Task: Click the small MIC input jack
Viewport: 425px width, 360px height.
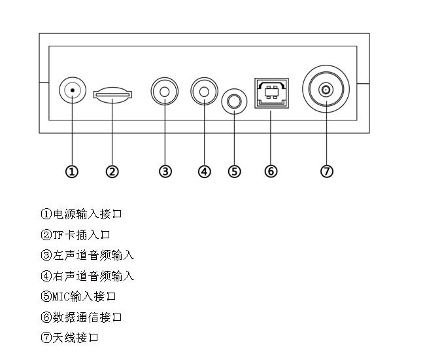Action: (x=234, y=101)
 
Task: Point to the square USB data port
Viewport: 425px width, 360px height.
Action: (x=271, y=94)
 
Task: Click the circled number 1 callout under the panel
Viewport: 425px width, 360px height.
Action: (x=73, y=171)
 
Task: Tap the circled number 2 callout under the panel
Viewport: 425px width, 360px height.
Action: (x=112, y=171)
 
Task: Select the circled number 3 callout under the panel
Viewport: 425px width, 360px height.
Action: (x=165, y=171)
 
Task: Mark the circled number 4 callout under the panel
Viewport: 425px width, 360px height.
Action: (x=205, y=171)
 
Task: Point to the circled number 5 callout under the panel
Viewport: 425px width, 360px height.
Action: (x=234, y=171)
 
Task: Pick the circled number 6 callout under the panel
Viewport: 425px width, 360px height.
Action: (x=271, y=171)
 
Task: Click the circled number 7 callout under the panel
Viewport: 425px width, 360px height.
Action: (x=327, y=171)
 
